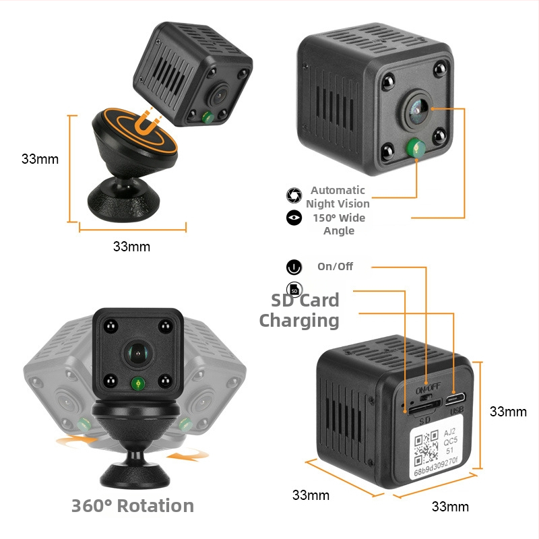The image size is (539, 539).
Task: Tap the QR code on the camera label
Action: (x=426, y=447)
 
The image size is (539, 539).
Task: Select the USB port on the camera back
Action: (x=455, y=399)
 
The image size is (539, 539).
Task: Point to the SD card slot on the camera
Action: (x=424, y=407)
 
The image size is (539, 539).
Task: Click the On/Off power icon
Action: (x=294, y=267)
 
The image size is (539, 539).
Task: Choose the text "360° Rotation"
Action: (x=133, y=506)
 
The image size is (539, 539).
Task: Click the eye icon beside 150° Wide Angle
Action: (x=294, y=218)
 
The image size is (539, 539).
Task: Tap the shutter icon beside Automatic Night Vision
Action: (x=294, y=195)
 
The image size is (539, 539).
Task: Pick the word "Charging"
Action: (x=299, y=321)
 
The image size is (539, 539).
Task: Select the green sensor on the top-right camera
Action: (x=416, y=148)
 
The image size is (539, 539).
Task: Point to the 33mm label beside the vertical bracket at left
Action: (x=40, y=159)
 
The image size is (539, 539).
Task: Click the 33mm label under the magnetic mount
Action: (x=131, y=247)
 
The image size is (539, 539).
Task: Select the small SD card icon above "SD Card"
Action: (x=294, y=290)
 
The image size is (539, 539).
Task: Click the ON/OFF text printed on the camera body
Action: (x=428, y=389)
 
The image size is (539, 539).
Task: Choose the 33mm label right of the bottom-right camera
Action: (x=508, y=412)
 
